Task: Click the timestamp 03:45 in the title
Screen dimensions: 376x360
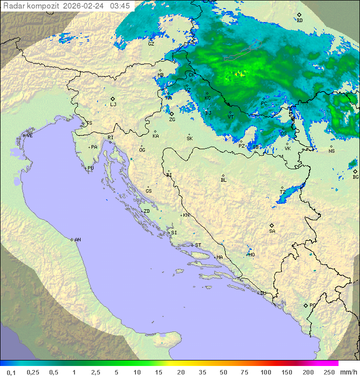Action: click(119, 6)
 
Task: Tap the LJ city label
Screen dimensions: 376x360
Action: click(113, 105)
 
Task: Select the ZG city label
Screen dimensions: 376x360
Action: click(172, 120)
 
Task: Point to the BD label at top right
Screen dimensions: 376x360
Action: click(299, 21)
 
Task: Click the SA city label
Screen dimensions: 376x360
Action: click(272, 231)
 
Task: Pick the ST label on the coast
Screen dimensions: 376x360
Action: click(198, 245)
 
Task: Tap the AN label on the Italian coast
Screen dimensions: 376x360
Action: click(77, 240)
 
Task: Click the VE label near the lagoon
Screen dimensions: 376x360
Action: click(29, 136)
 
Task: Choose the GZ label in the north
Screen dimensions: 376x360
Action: click(151, 44)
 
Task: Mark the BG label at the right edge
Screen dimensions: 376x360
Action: click(355, 177)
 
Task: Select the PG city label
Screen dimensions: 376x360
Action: click(312, 305)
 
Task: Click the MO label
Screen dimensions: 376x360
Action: click(251, 255)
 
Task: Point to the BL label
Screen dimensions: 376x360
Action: click(223, 180)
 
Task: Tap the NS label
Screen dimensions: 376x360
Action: click(331, 151)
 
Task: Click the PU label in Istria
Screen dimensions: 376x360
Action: click(90, 168)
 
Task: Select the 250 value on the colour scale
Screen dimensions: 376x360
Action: click(328, 372)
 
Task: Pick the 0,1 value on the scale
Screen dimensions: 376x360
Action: click(11, 372)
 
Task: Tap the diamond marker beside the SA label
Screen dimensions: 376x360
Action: click(272, 225)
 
